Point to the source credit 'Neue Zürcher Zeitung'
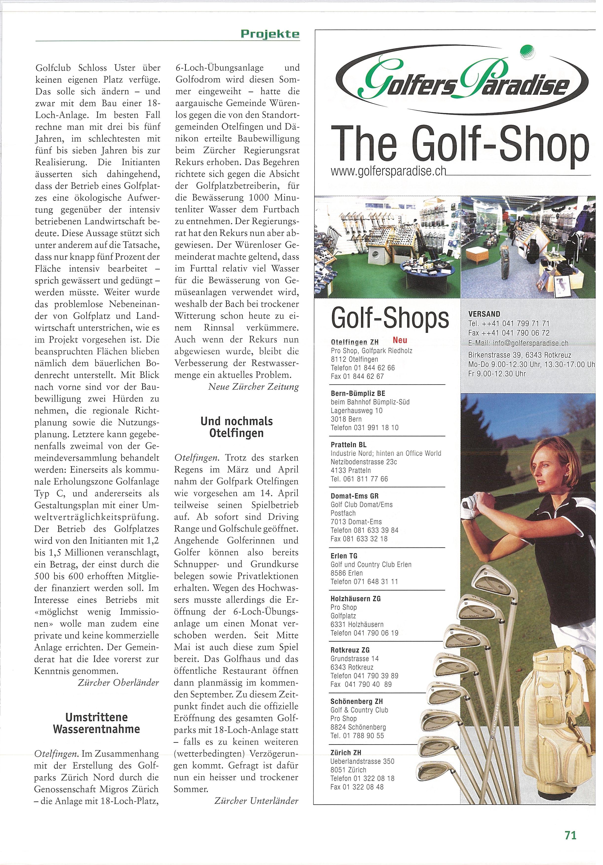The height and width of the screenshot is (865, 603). click(x=253, y=387)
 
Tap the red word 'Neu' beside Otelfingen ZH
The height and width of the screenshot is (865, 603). click(x=400, y=340)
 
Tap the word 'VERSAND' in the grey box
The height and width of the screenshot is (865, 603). click(x=484, y=314)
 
